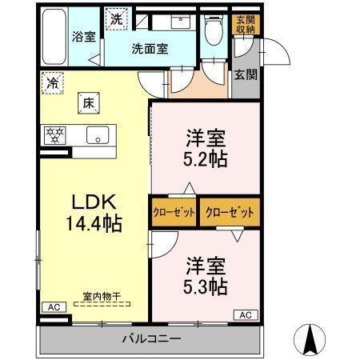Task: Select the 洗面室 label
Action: (150, 48)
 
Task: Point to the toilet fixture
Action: (213, 30)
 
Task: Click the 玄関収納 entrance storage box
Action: (244, 24)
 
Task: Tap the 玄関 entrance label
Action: (245, 75)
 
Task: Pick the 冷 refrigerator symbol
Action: (53, 82)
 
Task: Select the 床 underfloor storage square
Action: (87, 102)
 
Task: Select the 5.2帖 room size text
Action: (206, 158)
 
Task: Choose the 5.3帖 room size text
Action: (206, 285)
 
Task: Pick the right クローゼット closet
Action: (230, 213)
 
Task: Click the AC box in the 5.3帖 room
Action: (245, 314)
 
